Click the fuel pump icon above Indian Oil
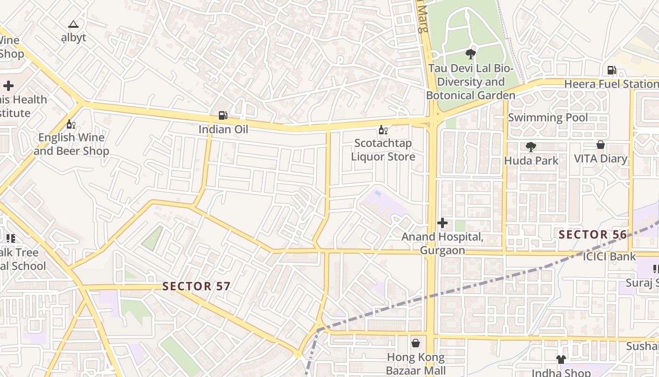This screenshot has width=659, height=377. click(x=223, y=115)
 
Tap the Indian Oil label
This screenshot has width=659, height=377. click(x=223, y=129)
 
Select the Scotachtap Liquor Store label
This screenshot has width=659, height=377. click(x=383, y=150)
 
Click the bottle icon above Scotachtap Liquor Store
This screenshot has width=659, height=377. click(x=383, y=130)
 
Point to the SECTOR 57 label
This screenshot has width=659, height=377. click(x=196, y=286)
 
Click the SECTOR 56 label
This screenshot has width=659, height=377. click(x=593, y=234)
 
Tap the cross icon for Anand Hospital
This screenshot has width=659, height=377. click(x=442, y=223)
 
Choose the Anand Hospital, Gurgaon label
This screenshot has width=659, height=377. click(x=442, y=243)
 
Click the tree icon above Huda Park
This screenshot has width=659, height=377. click(x=531, y=147)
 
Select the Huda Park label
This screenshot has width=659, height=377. click(x=531, y=161)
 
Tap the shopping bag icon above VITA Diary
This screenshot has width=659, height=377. click(x=601, y=145)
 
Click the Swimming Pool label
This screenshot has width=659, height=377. click(x=548, y=117)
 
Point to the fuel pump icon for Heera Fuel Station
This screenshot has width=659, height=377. click(x=611, y=70)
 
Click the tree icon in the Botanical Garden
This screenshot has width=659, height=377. click(x=470, y=54)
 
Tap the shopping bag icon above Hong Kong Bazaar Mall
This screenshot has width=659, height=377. click(x=416, y=343)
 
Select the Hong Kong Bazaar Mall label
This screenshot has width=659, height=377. click(x=416, y=363)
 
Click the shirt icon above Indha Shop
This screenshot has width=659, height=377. click(x=561, y=360)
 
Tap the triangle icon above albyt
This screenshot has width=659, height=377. click(x=73, y=24)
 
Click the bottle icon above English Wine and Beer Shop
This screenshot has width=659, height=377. click(x=71, y=124)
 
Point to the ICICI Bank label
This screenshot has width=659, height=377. click(x=609, y=257)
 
